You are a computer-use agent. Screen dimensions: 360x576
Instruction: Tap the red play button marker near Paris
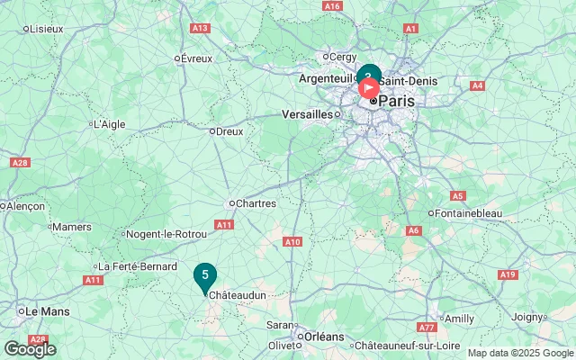[x=369, y=88]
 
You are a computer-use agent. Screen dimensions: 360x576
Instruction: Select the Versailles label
[x=306, y=115]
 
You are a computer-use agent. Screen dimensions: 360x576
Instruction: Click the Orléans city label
[x=324, y=337]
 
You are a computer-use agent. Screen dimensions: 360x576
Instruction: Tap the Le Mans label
[x=47, y=311]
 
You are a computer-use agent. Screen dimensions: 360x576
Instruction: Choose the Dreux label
[x=229, y=131]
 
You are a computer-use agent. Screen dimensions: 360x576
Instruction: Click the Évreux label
[x=196, y=58]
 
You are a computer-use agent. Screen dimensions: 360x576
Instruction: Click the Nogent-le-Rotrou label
[x=166, y=235]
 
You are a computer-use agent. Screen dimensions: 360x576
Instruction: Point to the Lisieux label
[x=46, y=29]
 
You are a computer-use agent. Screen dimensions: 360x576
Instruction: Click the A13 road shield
[x=200, y=29]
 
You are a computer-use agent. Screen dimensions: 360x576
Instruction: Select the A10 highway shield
[x=292, y=241]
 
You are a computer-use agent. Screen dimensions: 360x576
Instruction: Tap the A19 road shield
[x=508, y=274]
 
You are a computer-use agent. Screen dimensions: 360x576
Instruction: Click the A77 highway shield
[x=427, y=328]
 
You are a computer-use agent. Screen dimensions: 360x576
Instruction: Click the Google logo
[x=30, y=349]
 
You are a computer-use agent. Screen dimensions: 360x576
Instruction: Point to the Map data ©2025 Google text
[x=519, y=353]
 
